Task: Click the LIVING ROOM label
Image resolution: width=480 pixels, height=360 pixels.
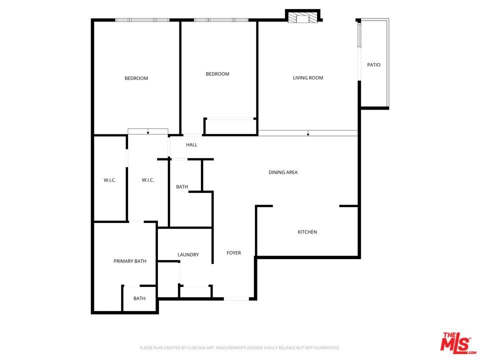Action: click(308, 78)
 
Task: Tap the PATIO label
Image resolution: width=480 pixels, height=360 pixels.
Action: click(374, 65)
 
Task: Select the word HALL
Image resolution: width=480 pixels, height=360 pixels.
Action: click(191, 145)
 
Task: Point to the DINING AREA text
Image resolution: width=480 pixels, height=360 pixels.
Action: click(283, 172)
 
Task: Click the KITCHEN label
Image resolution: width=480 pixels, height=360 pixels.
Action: click(307, 232)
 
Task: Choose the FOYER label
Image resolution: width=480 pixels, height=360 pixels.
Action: click(234, 253)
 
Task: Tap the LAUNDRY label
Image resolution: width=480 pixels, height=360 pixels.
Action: click(188, 254)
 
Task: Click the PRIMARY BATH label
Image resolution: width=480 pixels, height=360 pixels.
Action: click(130, 261)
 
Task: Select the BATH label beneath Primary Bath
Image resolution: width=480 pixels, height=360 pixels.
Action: click(139, 298)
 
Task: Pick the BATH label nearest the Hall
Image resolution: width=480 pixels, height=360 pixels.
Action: click(182, 186)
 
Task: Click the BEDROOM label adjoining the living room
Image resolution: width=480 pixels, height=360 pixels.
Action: click(217, 74)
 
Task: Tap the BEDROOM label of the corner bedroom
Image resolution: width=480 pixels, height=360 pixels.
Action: click(136, 78)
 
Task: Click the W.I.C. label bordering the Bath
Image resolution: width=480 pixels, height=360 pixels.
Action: click(148, 180)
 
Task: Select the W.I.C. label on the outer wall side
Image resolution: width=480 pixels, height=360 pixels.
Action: click(110, 180)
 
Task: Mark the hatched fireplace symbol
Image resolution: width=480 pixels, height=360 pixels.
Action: click(303, 17)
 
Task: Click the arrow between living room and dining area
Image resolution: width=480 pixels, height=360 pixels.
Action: click(308, 133)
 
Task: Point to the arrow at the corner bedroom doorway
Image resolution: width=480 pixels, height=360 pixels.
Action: click(148, 131)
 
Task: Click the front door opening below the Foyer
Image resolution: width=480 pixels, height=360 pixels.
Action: click(236, 299)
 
